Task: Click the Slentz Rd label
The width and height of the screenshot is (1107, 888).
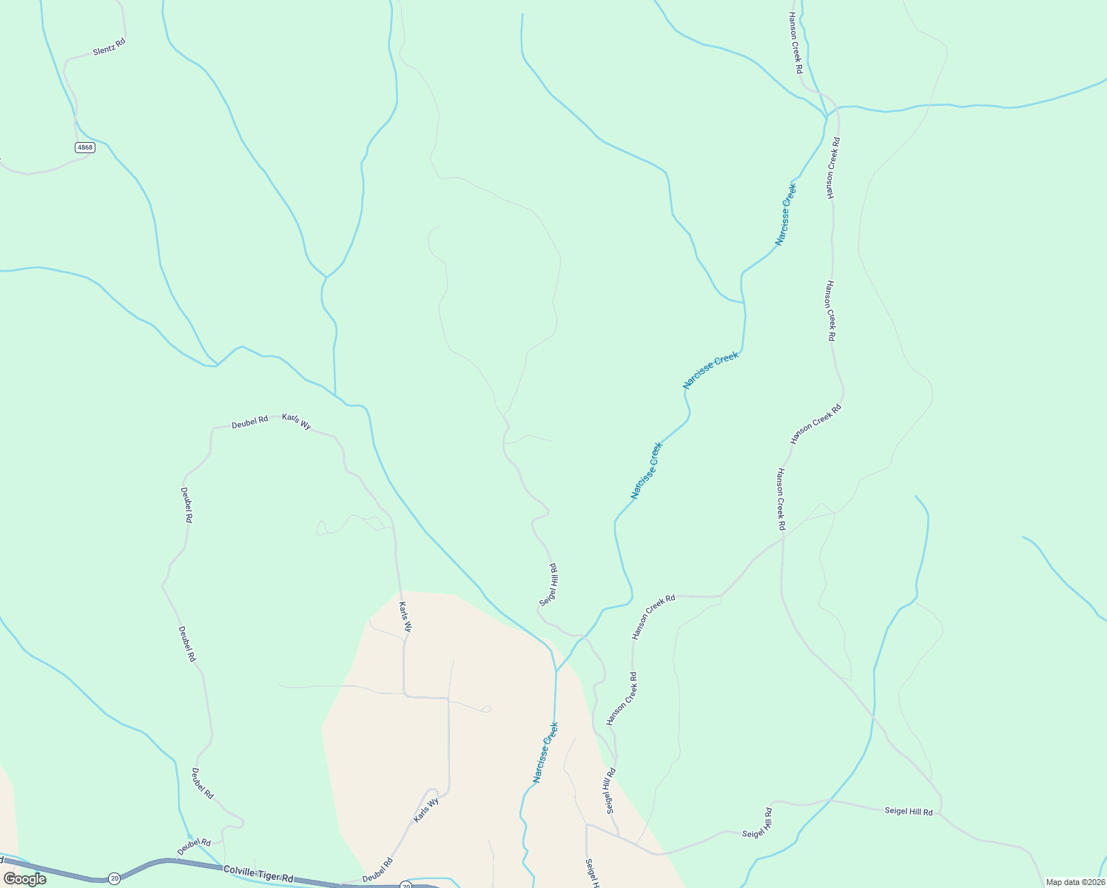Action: click(109, 47)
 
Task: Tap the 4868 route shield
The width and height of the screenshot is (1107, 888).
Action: click(85, 147)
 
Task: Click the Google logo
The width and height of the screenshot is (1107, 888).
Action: click(24, 878)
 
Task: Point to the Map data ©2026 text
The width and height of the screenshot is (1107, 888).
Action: click(1074, 882)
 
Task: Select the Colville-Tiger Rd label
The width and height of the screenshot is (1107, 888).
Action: click(258, 874)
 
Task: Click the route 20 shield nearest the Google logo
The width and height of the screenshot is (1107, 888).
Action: click(114, 878)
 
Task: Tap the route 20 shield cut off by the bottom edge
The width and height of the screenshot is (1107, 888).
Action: click(406, 885)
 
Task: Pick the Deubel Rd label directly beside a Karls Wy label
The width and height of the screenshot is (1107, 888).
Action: click(249, 423)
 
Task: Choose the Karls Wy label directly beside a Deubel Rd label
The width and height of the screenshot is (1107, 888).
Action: click(296, 422)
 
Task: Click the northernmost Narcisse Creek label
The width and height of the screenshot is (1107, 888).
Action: click(786, 215)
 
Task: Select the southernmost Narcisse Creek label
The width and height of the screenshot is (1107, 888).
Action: click(545, 753)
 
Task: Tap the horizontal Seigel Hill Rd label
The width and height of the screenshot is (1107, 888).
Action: click(909, 812)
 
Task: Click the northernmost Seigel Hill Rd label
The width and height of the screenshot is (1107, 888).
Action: click(549, 585)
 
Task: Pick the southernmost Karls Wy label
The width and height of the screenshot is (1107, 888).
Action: click(426, 810)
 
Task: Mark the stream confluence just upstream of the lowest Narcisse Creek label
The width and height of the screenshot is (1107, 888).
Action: click(556, 671)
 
